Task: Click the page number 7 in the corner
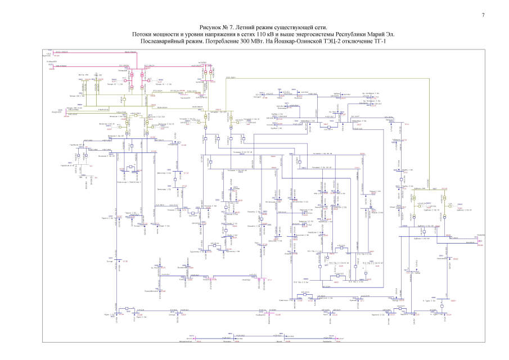483,15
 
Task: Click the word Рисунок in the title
211,28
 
